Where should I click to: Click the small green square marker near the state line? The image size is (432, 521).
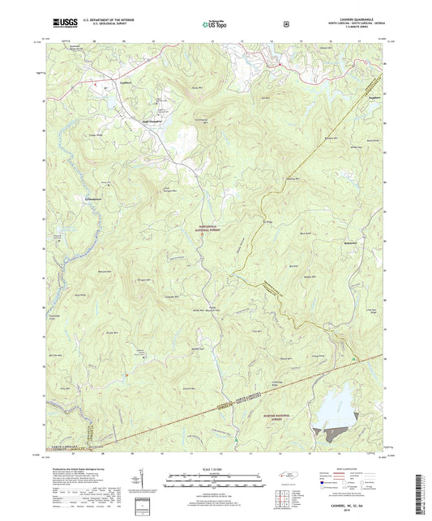pyautogui.click(x=354, y=358)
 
